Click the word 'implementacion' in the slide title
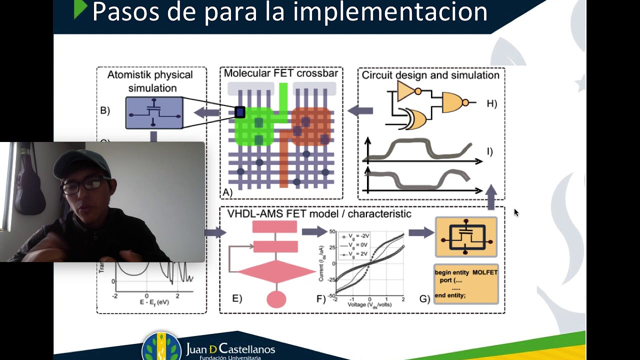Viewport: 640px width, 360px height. point(390,12)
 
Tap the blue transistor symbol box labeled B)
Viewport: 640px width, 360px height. point(154,113)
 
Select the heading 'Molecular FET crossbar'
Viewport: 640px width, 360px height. point(281,73)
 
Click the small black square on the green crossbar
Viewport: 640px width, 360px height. point(239,112)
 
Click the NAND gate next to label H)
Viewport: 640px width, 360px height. point(455,102)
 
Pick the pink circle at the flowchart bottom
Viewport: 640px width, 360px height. point(276,299)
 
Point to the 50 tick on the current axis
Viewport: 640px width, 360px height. point(331,232)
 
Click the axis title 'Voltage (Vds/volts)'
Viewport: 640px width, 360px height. point(369,305)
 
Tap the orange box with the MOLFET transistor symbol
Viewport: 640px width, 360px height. point(466,237)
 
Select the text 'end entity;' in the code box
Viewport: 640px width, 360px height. point(450,295)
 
